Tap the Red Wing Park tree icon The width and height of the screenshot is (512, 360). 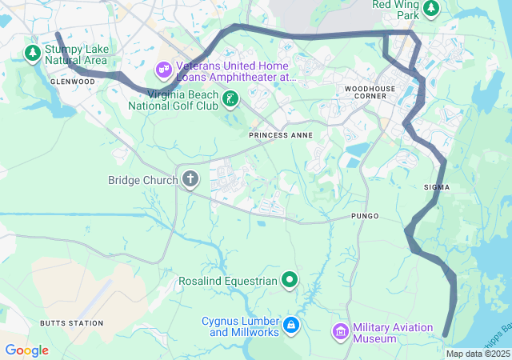pyautogui.click(x=431, y=8)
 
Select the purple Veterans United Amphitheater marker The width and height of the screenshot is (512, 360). pyautogui.click(x=164, y=70)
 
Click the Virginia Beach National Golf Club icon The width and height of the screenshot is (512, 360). pyautogui.click(x=230, y=99)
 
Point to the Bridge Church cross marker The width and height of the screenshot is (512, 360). pyautogui.click(x=190, y=179)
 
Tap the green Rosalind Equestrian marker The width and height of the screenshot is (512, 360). pyautogui.click(x=290, y=280)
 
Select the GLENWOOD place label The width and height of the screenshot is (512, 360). pyautogui.click(x=72, y=82)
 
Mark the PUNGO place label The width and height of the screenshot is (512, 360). pyautogui.click(x=364, y=217)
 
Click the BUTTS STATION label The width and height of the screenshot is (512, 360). pyautogui.click(x=71, y=323)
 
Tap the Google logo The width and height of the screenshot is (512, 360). pyautogui.click(x=26, y=350)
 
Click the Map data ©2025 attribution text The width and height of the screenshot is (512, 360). pyautogui.click(x=478, y=354)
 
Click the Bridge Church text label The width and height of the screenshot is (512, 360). pyautogui.click(x=142, y=180)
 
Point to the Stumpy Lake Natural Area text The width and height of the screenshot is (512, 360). pyautogui.click(x=77, y=54)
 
